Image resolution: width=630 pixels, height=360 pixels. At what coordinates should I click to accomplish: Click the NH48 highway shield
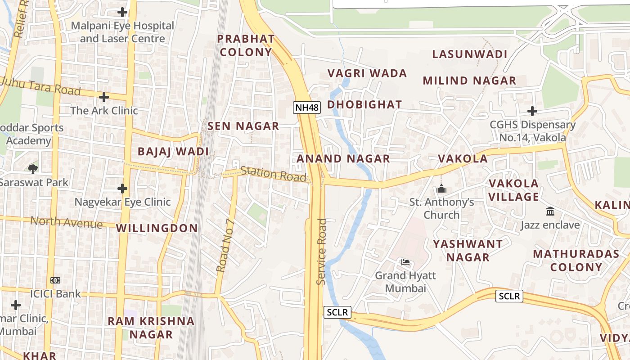point(306,108)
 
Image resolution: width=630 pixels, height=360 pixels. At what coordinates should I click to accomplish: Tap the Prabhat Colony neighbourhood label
point(246,45)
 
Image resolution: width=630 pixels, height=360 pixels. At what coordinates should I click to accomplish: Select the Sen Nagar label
point(243,126)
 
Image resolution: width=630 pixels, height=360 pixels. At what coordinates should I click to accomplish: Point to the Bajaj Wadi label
point(173,151)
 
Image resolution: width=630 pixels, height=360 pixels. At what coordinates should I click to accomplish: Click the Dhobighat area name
point(364,104)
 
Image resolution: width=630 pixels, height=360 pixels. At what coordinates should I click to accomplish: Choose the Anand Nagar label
point(343,158)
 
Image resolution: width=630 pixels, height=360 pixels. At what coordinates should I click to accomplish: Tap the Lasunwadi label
point(470,54)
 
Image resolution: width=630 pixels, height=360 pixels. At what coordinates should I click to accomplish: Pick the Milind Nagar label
point(469,81)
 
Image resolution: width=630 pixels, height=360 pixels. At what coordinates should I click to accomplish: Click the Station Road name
point(273,174)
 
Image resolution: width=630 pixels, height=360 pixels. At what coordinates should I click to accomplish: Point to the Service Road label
point(321,252)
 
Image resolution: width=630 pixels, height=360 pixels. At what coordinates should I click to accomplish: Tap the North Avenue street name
point(66,222)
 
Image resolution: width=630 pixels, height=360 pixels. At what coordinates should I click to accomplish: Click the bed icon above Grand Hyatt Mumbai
point(405,262)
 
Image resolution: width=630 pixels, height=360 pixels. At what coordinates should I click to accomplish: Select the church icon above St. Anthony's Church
point(441,189)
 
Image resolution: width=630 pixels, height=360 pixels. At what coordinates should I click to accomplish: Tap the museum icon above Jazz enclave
point(550,211)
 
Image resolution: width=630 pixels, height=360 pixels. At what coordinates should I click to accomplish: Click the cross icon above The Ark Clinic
point(104,97)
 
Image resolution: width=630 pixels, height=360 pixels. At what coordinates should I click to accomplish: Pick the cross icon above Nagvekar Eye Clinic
point(122,188)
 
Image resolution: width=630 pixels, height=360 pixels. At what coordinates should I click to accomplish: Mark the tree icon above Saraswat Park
point(32,169)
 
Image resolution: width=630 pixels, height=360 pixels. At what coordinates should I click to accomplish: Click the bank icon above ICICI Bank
point(55,280)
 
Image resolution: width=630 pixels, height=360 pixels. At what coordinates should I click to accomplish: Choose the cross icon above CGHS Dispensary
point(532,111)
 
